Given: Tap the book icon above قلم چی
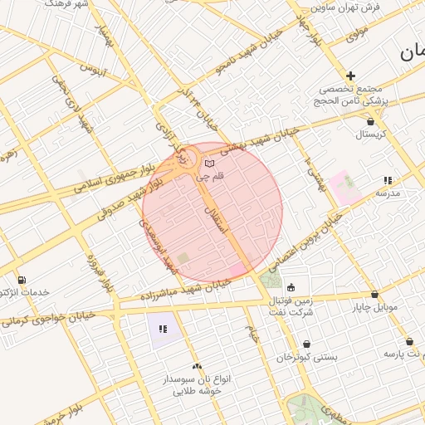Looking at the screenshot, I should tap(209, 163).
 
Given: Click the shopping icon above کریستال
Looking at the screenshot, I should tap(369, 120).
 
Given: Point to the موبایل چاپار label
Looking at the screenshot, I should tap(374, 308).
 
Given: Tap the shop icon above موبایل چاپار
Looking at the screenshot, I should tap(374, 294).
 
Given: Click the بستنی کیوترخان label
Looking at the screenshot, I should tap(307, 357).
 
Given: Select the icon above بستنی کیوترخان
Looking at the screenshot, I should tap(307, 344).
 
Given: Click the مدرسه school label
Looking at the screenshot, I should tap(388, 193).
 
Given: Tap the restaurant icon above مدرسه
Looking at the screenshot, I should tap(388, 179).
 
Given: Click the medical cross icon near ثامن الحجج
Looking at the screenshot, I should tap(351, 76).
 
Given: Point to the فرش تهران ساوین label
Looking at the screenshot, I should tap(345, 7).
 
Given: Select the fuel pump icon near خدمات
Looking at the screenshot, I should tap(21, 280).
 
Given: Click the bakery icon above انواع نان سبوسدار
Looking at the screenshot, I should tap(197, 365).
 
